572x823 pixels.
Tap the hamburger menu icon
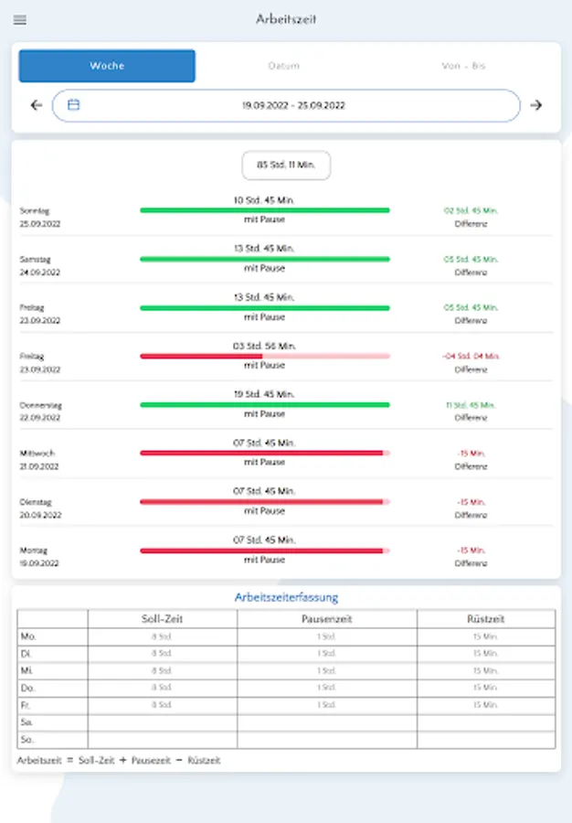[x=20, y=20]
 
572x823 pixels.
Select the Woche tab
[x=107, y=66]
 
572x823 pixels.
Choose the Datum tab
[x=283, y=66]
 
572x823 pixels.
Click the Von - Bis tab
[x=463, y=66]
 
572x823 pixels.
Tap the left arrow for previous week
[x=37, y=105]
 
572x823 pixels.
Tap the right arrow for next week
[x=536, y=105]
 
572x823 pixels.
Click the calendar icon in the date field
[x=74, y=105]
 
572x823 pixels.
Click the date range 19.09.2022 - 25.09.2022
[x=293, y=106]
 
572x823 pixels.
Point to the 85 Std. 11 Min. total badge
[x=286, y=166]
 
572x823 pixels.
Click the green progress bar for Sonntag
[x=265, y=210]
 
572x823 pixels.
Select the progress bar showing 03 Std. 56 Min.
[x=265, y=356]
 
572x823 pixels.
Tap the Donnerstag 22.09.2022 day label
[x=41, y=411]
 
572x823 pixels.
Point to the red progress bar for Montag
[x=265, y=550]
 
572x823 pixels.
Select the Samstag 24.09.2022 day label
[x=41, y=265]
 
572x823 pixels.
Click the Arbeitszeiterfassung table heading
[x=286, y=598]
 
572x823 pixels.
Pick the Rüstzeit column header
[x=485, y=619]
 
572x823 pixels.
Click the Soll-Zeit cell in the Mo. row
[x=162, y=636]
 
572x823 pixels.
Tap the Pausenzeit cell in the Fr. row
[x=326, y=705]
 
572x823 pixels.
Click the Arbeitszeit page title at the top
[x=286, y=19]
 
